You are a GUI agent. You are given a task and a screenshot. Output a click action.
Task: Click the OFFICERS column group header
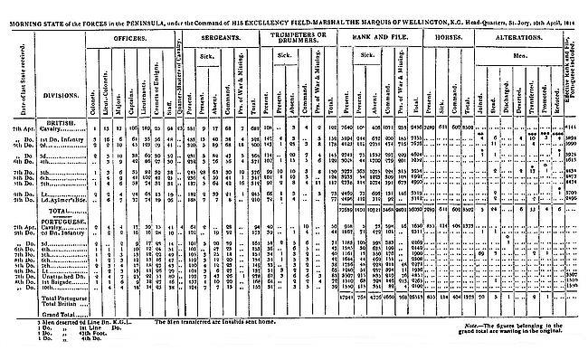point(135,40)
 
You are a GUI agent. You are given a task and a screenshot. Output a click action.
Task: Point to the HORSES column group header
point(441,40)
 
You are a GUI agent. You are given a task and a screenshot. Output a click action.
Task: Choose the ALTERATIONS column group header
point(517,40)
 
